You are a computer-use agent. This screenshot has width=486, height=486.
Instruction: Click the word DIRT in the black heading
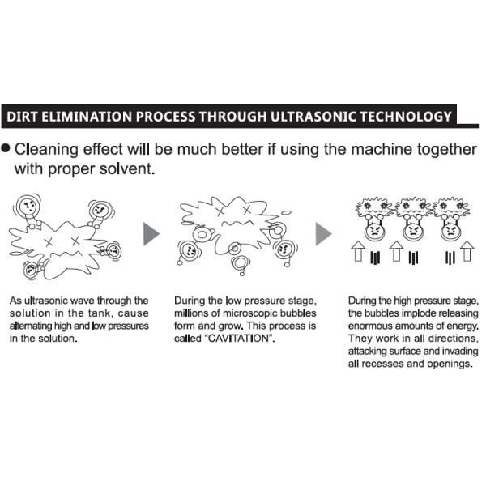(22, 117)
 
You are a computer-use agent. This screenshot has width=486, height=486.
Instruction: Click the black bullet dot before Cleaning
(6, 148)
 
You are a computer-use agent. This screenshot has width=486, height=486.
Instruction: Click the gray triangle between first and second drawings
(151, 234)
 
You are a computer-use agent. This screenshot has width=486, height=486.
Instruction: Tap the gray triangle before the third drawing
(323, 234)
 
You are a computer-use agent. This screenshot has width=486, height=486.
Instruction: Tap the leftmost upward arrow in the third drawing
(358, 251)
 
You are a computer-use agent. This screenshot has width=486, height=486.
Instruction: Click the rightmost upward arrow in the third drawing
(467, 251)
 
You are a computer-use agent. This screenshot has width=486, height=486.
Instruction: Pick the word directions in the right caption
(452, 339)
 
